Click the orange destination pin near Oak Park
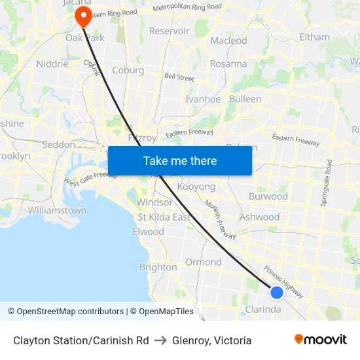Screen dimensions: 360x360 point(84,16)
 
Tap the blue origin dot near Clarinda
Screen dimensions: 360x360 point(277,292)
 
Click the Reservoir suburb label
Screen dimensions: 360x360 point(169,31)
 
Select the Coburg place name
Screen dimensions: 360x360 point(128,70)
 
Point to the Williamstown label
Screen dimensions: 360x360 point(57,211)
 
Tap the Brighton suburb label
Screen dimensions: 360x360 point(158,267)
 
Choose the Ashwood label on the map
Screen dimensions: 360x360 point(259,217)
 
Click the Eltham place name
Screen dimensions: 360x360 point(314,37)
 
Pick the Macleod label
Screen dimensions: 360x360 point(228,41)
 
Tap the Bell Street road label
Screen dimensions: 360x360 point(179,77)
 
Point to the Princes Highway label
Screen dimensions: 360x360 point(283,281)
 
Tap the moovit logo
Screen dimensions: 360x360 point(321,340)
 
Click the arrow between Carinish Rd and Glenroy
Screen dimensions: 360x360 point(160,340)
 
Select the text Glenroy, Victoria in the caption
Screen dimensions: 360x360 point(212,340)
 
